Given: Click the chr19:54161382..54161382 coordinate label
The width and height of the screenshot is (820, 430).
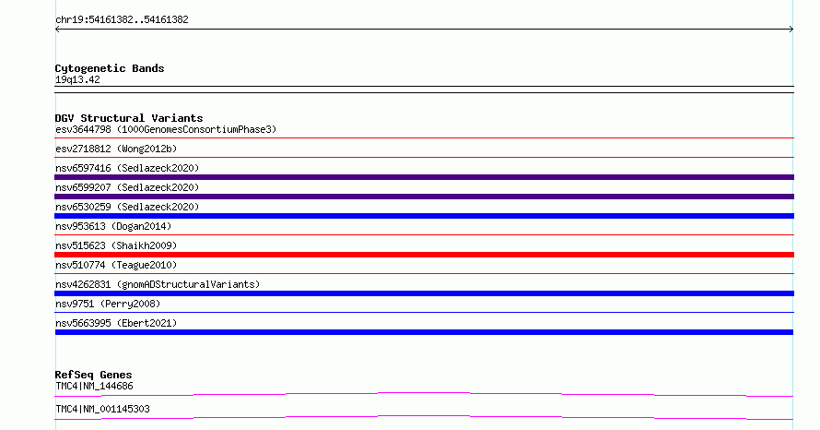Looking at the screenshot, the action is tap(122, 20).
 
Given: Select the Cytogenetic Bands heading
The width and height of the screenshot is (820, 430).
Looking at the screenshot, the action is tap(110, 68).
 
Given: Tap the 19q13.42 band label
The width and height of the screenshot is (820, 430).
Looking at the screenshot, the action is tap(77, 79).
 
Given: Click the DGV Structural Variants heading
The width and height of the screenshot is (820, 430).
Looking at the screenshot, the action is tap(129, 118).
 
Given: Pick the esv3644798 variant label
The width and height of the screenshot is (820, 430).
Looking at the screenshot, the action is tap(166, 129).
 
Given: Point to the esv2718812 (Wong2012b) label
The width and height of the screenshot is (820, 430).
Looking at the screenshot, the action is tap(116, 149).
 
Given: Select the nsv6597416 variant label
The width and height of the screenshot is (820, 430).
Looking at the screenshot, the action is tap(127, 168).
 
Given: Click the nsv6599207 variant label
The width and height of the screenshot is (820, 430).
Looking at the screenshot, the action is tap(127, 187).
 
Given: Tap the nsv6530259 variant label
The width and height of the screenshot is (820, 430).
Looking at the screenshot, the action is tap(127, 207).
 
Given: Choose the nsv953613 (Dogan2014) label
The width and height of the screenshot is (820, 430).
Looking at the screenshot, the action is tap(113, 226).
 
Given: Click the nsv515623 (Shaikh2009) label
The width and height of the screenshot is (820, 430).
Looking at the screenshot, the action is tap(116, 245).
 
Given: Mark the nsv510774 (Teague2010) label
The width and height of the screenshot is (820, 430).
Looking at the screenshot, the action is tap(116, 265).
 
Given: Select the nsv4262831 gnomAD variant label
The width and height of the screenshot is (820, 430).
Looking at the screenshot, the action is tap(158, 284).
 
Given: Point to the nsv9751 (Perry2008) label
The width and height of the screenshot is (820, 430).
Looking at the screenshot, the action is tap(108, 304).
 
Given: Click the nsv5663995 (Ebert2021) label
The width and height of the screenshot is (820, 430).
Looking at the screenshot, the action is tap(116, 323).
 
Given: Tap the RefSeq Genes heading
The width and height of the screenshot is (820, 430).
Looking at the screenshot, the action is tap(93, 375).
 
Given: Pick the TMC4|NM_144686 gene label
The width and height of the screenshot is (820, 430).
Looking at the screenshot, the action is tap(94, 386).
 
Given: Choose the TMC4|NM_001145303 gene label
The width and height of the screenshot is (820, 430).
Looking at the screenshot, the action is tap(102, 409).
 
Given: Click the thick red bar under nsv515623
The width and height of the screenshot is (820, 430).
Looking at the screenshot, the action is tap(424, 255).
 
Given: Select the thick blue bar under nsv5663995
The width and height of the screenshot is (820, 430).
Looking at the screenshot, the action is tap(424, 332).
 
